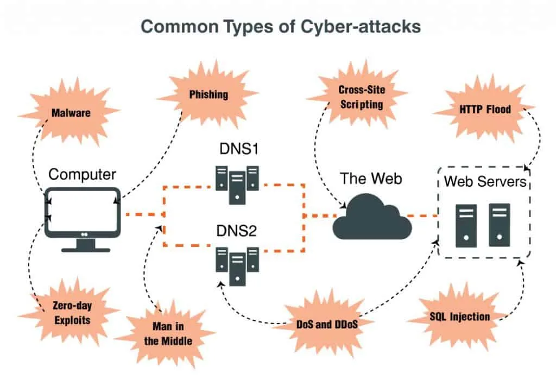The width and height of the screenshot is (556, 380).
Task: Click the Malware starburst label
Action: tap(71, 113)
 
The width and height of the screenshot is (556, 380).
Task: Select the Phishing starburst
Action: tap(208, 94)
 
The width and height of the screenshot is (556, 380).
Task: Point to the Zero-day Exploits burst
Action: tap(71, 313)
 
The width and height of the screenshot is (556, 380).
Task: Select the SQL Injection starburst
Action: tap(459, 316)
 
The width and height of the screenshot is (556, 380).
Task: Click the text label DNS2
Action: tap(236, 232)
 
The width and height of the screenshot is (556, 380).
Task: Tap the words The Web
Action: tap(371, 178)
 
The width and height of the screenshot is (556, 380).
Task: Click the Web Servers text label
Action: tap(485, 181)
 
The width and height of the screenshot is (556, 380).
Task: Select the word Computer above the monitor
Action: tap(82, 174)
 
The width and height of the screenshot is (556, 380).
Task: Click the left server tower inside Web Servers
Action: tap(466, 225)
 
